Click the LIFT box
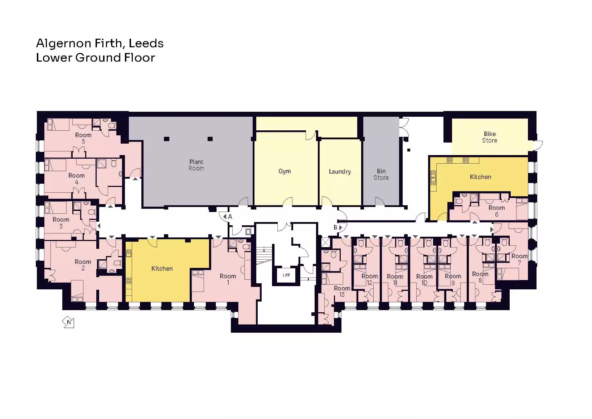[x=286, y=275]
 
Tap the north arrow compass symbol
[x=68, y=322]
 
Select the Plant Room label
[x=196, y=165]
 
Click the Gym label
[x=285, y=171]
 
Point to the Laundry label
[x=340, y=172]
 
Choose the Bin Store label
[x=381, y=174]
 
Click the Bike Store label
[x=489, y=137]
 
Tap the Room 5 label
[x=83, y=138]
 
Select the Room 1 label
[x=228, y=279]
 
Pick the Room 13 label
[x=342, y=291]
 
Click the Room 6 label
[x=496, y=211]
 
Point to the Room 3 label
[x=61, y=223]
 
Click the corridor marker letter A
[x=230, y=217]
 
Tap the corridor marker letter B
[x=335, y=227]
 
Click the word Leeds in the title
[x=146, y=43]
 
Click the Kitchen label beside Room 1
[x=162, y=268]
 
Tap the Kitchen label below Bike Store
[x=480, y=177]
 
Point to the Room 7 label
[x=519, y=259]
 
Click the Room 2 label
[x=83, y=265]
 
